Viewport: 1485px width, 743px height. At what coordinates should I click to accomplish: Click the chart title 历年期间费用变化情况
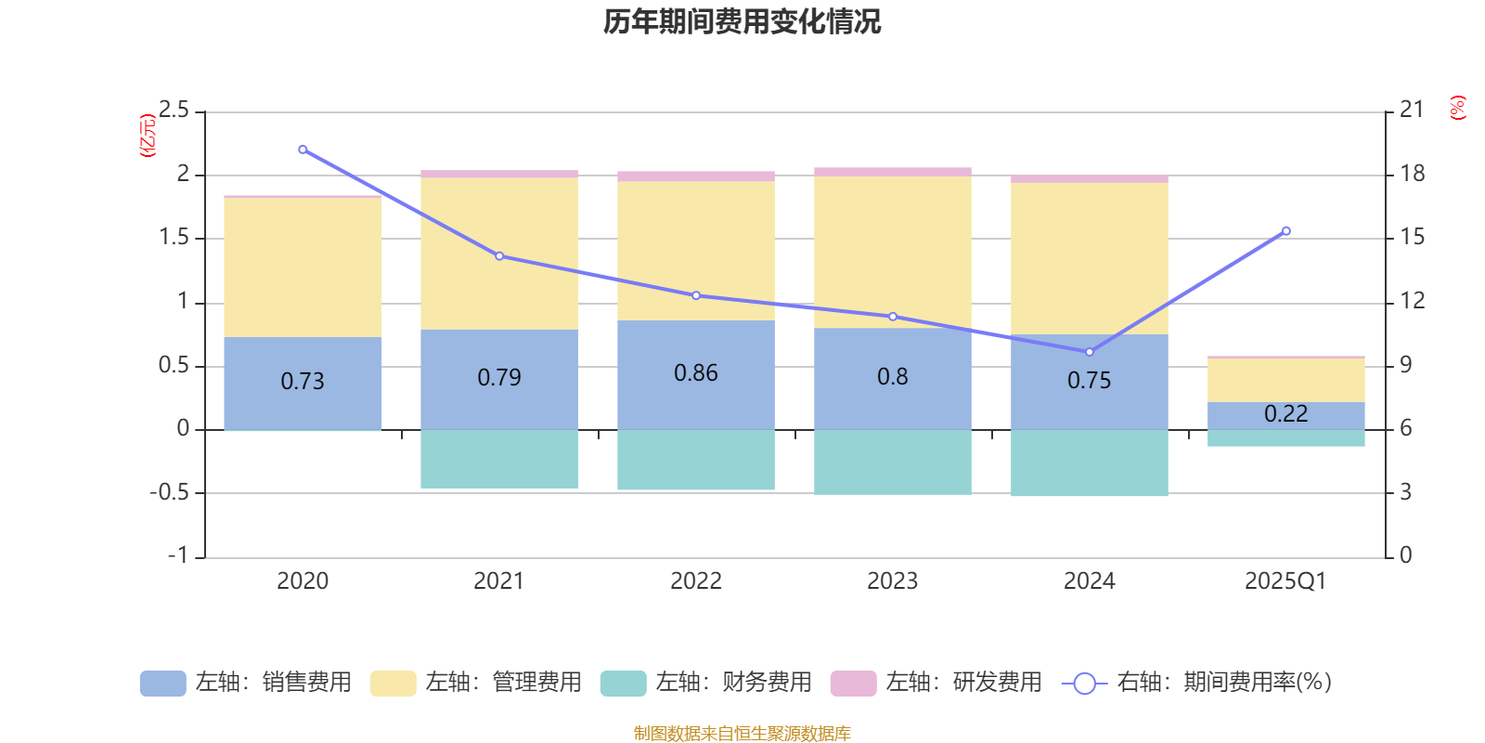pyautogui.click(x=742, y=21)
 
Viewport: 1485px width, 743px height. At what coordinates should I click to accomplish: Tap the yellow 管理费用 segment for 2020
pyautogui.click(x=303, y=267)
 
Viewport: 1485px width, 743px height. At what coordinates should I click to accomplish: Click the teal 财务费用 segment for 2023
pyautogui.click(x=893, y=462)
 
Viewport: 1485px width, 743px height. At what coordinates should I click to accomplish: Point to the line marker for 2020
pyautogui.click(x=303, y=150)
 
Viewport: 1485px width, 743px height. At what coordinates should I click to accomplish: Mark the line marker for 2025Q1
pyautogui.click(x=1285, y=231)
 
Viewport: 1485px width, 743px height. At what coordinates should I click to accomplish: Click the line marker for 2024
pyautogui.click(x=1090, y=352)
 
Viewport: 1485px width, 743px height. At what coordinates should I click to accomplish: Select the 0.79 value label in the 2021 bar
pyautogui.click(x=499, y=378)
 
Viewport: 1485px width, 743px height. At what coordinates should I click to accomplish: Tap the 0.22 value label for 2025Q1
pyautogui.click(x=1285, y=414)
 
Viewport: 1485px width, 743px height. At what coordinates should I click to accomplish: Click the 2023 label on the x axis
pyautogui.click(x=893, y=581)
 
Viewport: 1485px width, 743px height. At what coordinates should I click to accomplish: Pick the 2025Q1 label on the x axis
pyautogui.click(x=1285, y=581)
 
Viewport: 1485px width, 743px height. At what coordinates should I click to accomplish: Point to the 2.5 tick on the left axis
pyautogui.click(x=174, y=111)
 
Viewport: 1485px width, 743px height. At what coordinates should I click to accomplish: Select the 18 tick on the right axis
pyautogui.click(x=1412, y=174)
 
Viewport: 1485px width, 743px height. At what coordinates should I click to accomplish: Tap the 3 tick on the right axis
pyautogui.click(x=1405, y=492)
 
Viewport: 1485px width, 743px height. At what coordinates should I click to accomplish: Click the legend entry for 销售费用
pyautogui.click(x=246, y=683)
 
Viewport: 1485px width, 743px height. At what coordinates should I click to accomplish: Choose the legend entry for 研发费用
pyautogui.click(x=936, y=683)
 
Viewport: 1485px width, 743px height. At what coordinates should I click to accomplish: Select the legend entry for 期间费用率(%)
pyautogui.click(x=1197, y=683)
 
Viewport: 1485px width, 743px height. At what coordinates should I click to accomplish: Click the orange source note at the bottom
pyautogui.click(x=742, y=734)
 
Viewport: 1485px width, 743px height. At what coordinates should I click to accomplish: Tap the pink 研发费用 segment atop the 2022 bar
pyautogui.click(x=696, y=176)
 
